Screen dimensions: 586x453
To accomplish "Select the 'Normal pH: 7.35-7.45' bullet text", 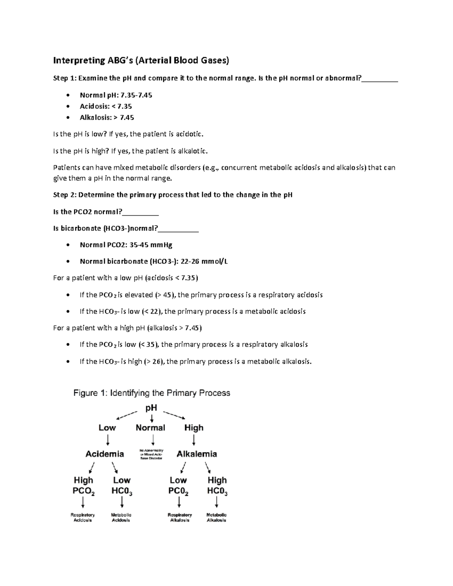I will click(116, 95).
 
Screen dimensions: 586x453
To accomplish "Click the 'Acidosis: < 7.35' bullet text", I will click(105, 106).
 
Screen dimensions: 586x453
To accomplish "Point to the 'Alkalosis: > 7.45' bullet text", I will click(106, 117).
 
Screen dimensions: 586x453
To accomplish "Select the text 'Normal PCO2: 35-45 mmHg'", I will click(126, 245).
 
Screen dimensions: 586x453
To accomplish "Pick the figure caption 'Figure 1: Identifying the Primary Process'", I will click(151, 393).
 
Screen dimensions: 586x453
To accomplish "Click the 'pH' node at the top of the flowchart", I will click(151, 408).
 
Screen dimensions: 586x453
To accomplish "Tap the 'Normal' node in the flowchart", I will click(150, 428).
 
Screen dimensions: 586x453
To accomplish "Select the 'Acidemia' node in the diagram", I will click(105, 454).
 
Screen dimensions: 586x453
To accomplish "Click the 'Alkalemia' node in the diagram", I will click(197, 454).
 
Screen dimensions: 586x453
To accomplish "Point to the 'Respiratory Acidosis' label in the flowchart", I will click(83, 517).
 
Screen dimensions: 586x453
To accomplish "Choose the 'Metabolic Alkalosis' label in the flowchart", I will click(216, 517).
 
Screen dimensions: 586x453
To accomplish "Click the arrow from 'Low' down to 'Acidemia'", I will click(108, 440).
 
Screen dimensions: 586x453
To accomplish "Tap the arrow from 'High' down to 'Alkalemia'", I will click(194, 440).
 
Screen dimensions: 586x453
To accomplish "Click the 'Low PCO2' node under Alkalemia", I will click(178, 486).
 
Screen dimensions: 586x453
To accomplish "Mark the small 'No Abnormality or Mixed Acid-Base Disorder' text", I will click(151, 454).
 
